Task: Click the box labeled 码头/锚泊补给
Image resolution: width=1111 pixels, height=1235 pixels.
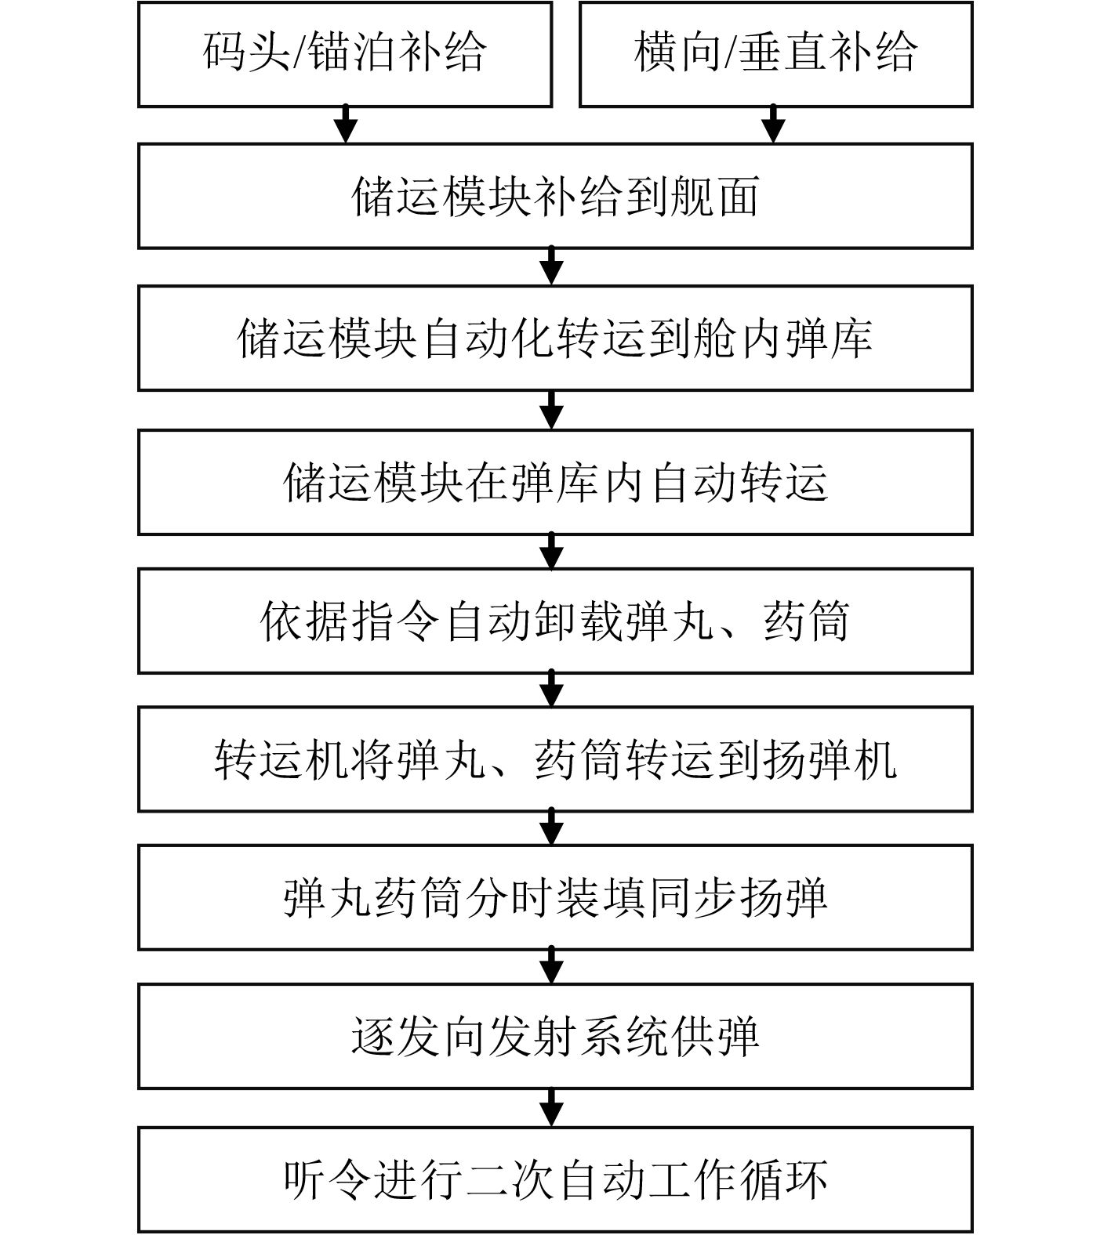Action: [345, 53]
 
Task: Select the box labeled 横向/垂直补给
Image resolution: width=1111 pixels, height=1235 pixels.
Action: [775, 53]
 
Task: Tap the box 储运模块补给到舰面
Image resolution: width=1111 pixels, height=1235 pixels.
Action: [555, 196]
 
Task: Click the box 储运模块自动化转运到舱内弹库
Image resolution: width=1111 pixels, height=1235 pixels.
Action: [555, 338]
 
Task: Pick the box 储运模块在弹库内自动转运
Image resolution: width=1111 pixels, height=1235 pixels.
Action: [555, 482]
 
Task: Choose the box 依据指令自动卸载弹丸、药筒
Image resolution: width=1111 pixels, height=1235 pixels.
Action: [555, 621]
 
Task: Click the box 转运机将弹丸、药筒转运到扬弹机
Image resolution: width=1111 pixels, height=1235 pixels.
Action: [555, 759]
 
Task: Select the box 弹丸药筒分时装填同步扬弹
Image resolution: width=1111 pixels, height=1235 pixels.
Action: [555, 897]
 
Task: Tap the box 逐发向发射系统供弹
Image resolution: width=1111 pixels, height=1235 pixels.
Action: [555, 1036]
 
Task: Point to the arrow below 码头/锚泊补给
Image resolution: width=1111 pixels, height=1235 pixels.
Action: [346, 125]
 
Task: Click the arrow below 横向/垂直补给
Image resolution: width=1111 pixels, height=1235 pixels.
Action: [774, 125]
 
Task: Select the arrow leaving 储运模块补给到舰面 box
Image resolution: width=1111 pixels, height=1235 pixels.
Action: [553, 266]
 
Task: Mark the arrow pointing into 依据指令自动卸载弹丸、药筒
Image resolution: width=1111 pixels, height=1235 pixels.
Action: [553, 552]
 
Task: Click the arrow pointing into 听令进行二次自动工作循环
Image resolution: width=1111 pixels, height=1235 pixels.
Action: [553, 1107]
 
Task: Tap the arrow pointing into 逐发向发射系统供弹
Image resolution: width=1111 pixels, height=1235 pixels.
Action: [553, 966]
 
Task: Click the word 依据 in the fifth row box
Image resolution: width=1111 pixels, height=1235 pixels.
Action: [304, 621]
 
